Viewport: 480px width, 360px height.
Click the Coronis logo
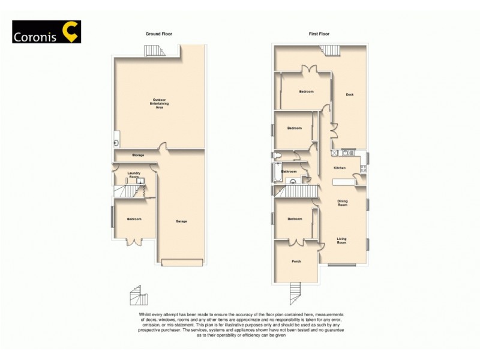46,32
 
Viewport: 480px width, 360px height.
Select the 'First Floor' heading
319,34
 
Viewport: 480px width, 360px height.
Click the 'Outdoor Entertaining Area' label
159,103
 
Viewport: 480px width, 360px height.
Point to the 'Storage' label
138,155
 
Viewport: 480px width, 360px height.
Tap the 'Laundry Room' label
133,175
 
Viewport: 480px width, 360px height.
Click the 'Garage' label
181,221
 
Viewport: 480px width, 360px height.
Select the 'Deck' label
349,95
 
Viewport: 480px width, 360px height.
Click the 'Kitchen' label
340,167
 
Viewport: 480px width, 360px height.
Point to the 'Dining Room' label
342,203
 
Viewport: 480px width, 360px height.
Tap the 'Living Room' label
341,241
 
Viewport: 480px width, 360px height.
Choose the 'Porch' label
296,261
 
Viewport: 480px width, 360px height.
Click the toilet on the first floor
277,155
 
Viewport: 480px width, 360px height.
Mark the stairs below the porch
294,293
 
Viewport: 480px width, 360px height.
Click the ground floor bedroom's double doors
135,242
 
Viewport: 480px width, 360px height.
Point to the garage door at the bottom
182,262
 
